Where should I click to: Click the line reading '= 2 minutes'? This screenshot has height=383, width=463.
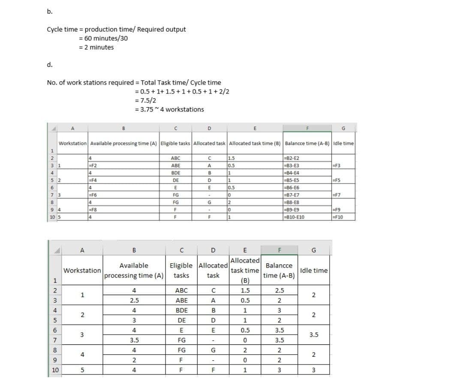(x=96, y=47)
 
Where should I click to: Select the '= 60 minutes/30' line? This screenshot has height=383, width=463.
(x=103, y=38)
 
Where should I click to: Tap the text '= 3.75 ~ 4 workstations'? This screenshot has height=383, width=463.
(x=169, y=109)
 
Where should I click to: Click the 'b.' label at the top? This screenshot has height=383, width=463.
(x=50, y=12)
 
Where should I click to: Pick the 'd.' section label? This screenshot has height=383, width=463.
(x=50, y=65)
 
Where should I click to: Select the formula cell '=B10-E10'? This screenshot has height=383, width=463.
(x=295, y=217)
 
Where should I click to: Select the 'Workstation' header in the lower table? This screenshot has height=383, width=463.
(x=82, y=271)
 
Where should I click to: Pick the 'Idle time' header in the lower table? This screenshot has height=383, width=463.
(x=314, y=271)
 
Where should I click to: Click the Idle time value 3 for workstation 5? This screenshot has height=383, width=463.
(x=314, y=370)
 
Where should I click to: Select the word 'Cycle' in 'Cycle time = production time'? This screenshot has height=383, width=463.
(x=55, y=29)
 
